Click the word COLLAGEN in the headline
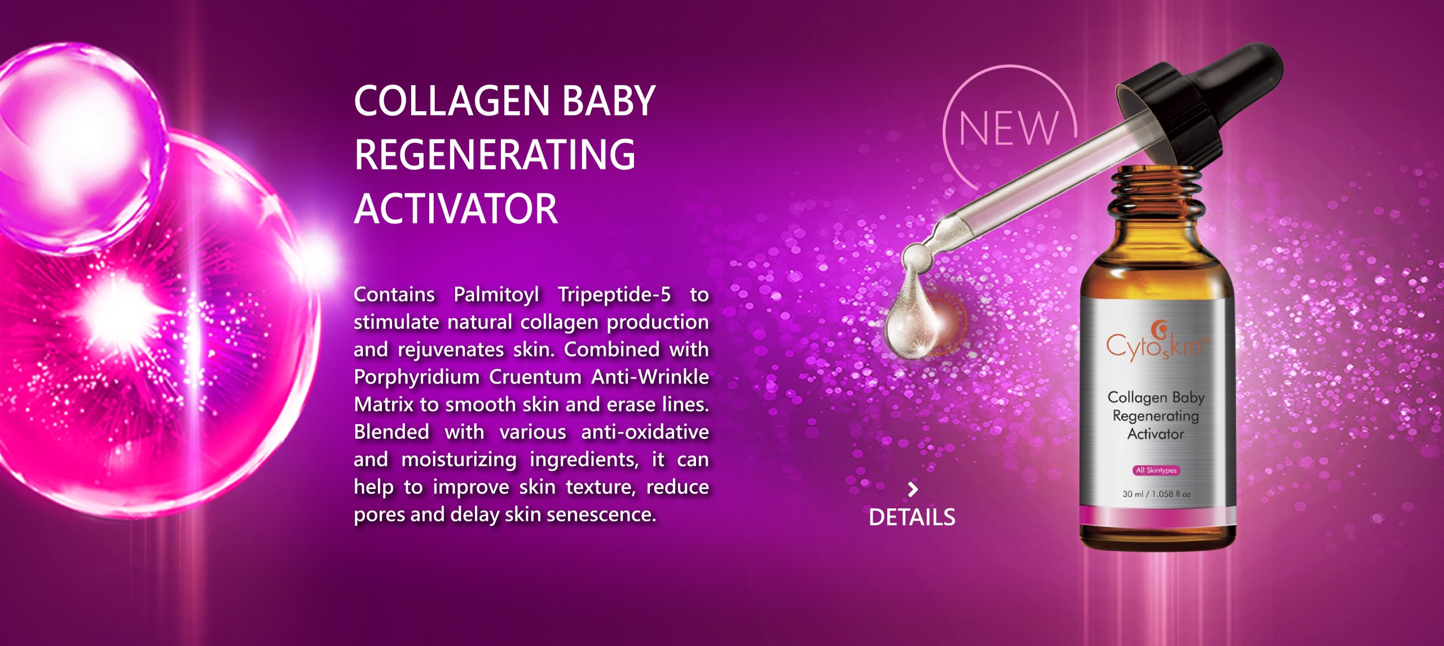[x=452, y=101]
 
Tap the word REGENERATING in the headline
[x=495, y=155]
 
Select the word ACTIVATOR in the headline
[x=456, y=209]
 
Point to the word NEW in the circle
[x=1009, y=128]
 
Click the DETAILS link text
[x=912, y=517]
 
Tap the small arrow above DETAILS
[x=913, y=489]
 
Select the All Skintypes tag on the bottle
[x=1156, y=470]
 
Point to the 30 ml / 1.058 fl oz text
[x=1156, y=494]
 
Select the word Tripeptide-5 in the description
[x=614, y=295]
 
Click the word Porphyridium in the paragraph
[x=416, y=377]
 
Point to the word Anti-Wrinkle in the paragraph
[x=650, y=377]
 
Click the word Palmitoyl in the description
[x=496, y=295]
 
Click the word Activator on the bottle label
[x=1156, y=434]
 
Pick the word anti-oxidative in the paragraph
[x=645, y=432]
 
